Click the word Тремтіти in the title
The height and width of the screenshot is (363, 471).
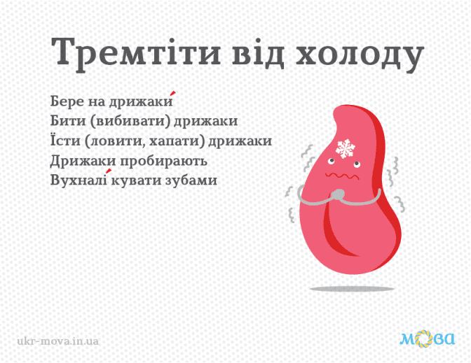pos(136,52)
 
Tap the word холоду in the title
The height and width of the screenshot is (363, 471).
pos(360,55)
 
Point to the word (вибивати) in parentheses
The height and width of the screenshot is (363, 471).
pos(130,121)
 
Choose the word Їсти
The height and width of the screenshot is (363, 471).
pos(65,140)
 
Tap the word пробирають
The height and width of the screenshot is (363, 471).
pos(164,162)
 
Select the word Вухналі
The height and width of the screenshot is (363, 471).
pos(78,180)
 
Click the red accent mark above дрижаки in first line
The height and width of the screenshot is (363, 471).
pos(172,93)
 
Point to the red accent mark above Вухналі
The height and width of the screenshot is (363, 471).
pos(109,171)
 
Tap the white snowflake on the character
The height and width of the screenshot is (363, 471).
pos(346,148)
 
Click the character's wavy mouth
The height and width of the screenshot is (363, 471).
pos(342,176)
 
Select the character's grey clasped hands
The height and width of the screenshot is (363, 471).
pos(339,197)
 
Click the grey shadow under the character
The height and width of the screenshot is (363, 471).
pos(352,289)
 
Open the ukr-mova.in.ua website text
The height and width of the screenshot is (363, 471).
pos(58,341)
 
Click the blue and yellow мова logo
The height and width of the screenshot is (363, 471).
pos(427,339)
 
